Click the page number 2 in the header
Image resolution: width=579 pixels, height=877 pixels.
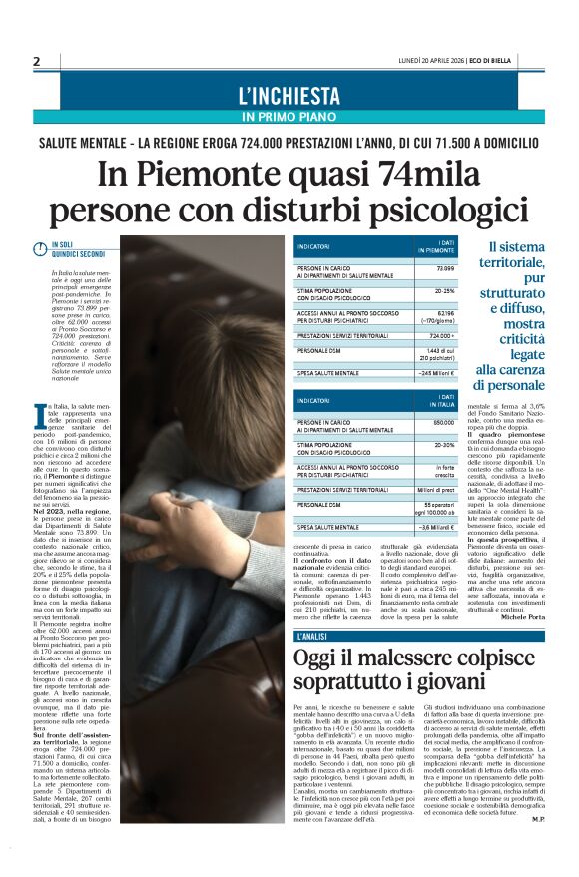pyautogui.click(x=37, y=61)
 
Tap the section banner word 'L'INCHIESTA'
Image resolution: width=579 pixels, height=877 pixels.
pyautogui.click(x=289, y=96)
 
